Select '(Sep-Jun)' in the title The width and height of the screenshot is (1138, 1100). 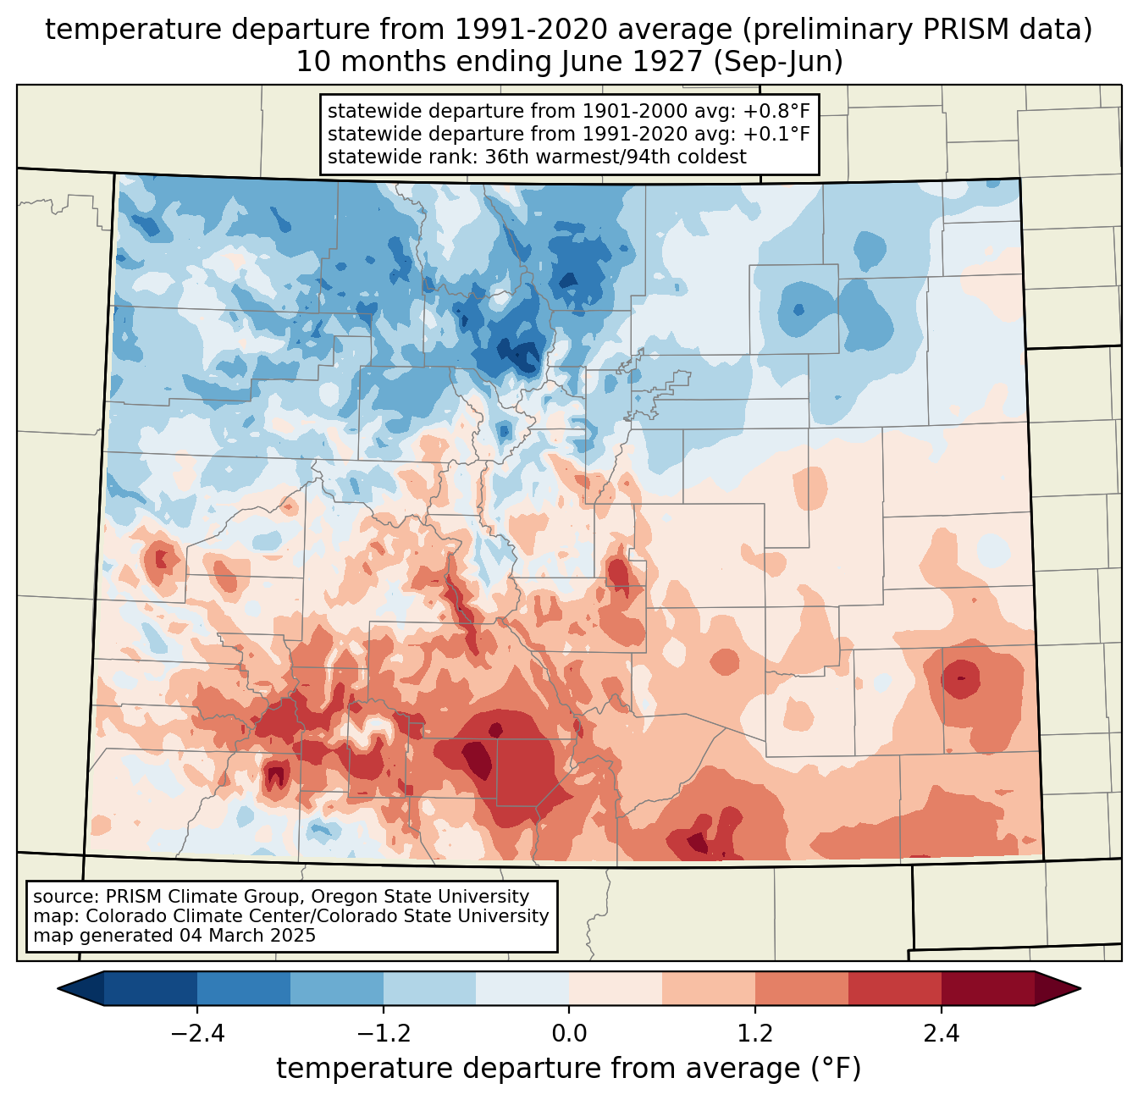pyautogui.click(x=778, y=62)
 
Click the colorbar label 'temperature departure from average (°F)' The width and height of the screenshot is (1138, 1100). pyautogui.click(x=569, y=1069)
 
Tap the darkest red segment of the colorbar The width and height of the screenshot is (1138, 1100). pyautogui.click(x=988, y=989)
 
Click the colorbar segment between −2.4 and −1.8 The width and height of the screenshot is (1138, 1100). pyautogui.click(x=244, y=989)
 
